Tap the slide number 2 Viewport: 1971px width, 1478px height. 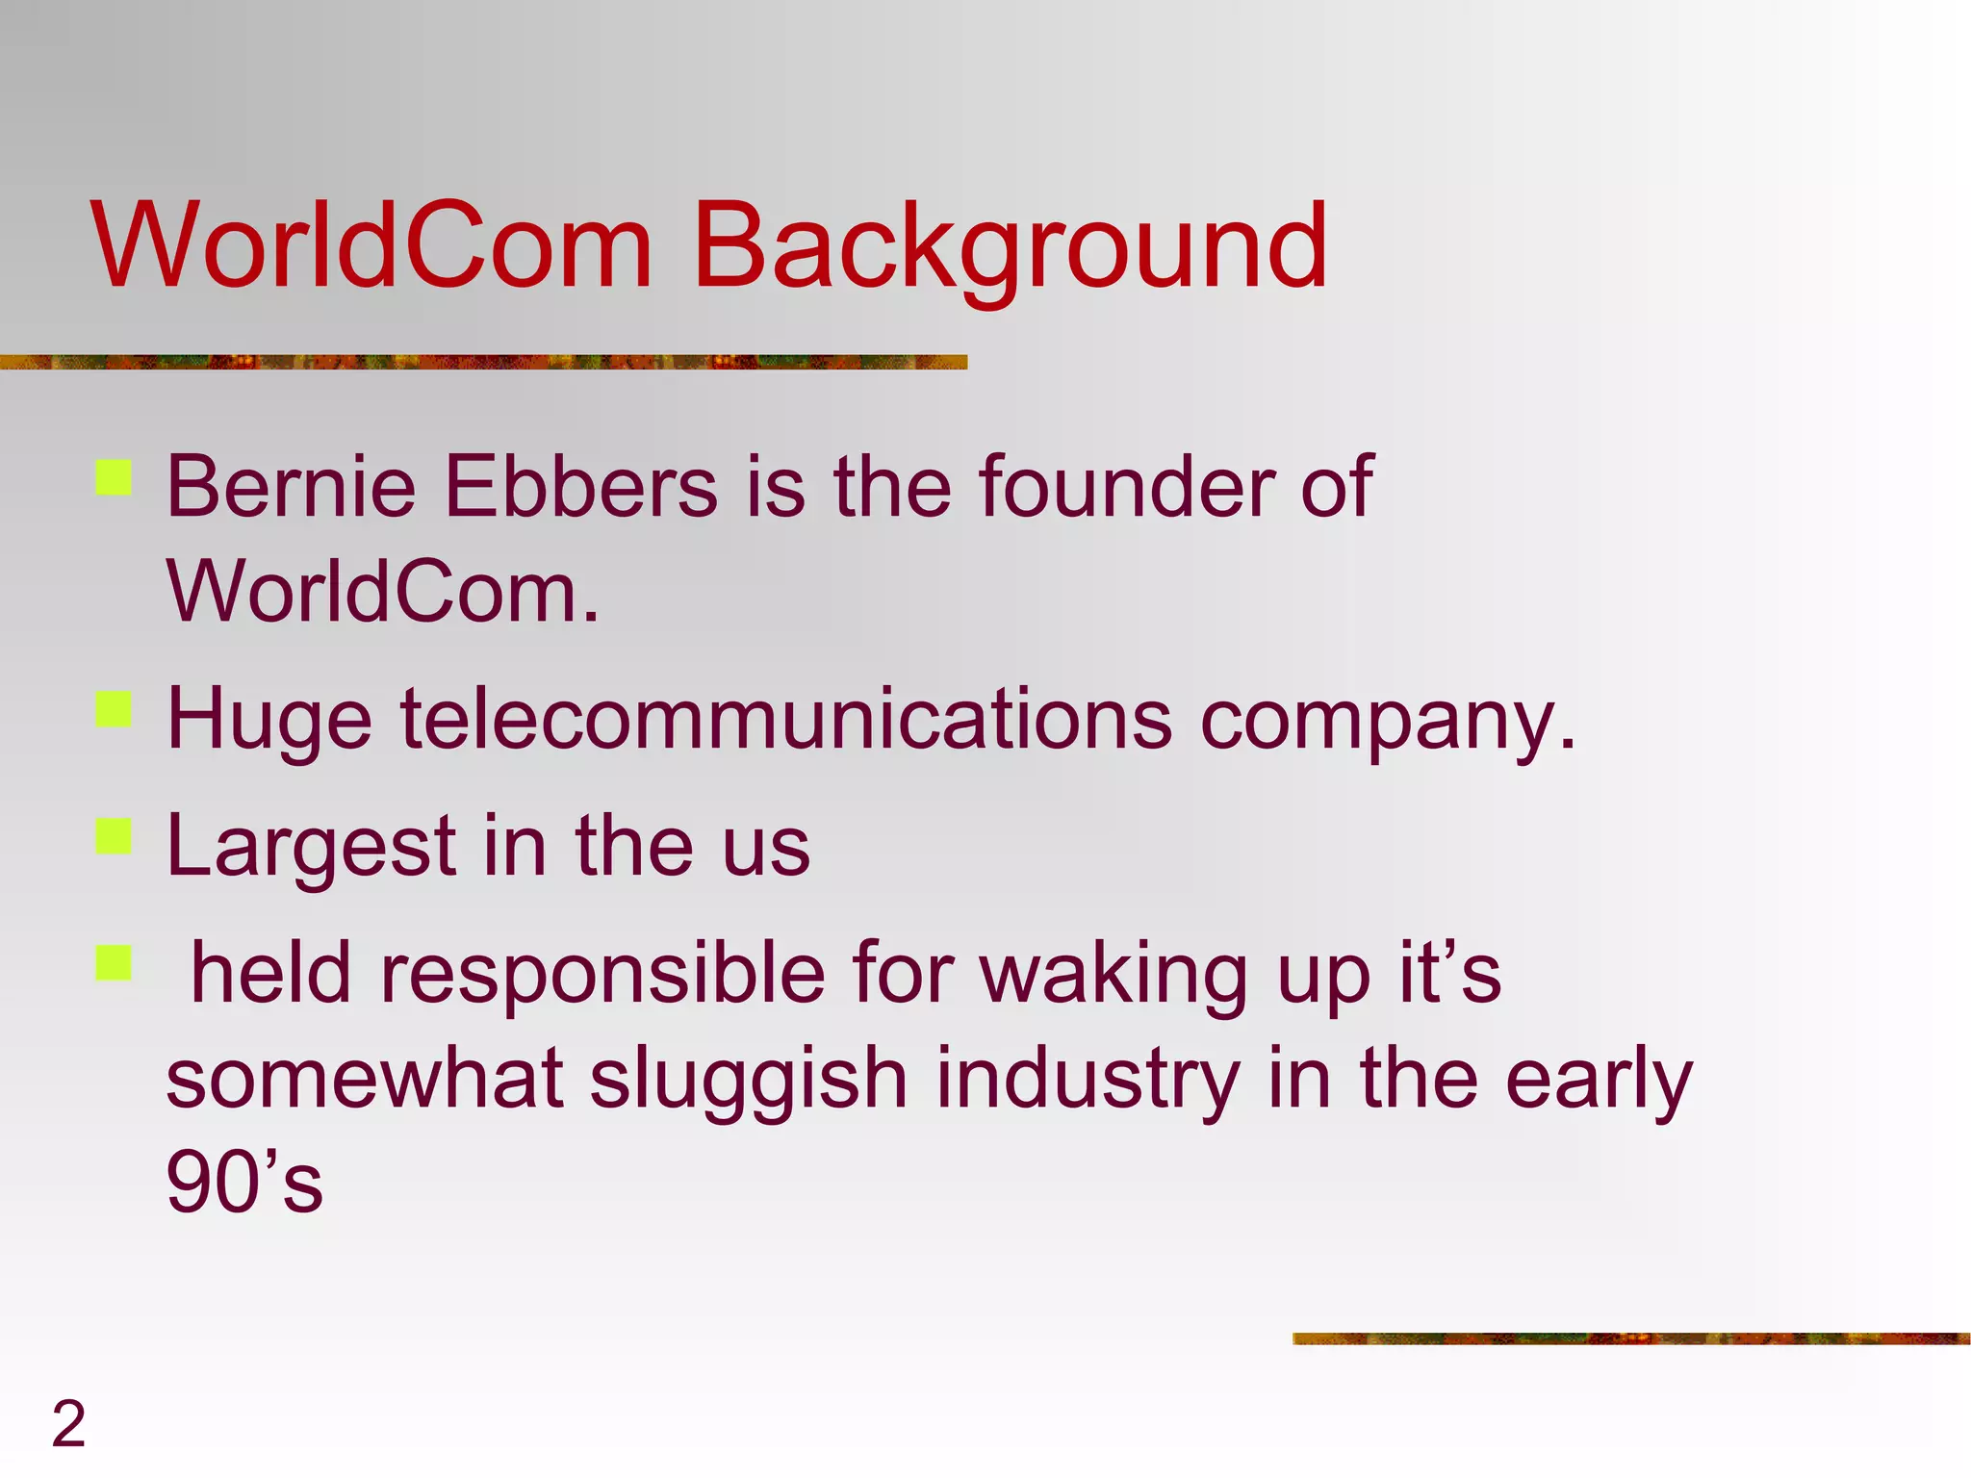pyautogui.click(x=68, y=1423)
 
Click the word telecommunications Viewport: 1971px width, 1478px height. pyautogui.click(x=785, y=719)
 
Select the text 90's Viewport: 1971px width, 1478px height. pyautogui.click(x=244, y=1183)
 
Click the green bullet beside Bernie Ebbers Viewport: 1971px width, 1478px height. pyautogui.click(x=114, y=477)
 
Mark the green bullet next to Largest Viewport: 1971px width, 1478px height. pyautogui.click(x=114, y=836)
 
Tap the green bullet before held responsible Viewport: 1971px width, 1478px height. pyautogui.click(x=114, y=962)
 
